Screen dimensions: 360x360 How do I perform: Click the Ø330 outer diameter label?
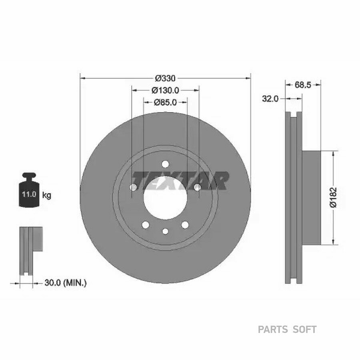(165, 78)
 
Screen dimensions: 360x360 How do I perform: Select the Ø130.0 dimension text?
(165, 90)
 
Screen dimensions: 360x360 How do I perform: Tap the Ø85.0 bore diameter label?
(165, 102)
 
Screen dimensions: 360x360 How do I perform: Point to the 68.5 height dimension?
(303, 85)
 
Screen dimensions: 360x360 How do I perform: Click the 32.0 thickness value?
(270, 99)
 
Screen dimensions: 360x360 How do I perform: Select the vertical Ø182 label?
(333, 198)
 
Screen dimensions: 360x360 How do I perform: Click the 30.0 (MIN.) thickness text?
(66, 283)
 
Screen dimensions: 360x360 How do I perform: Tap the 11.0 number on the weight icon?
(29, 194)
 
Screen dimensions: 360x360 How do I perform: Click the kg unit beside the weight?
(47, 196)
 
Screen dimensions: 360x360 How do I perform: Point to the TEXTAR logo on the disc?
(181, 181)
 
